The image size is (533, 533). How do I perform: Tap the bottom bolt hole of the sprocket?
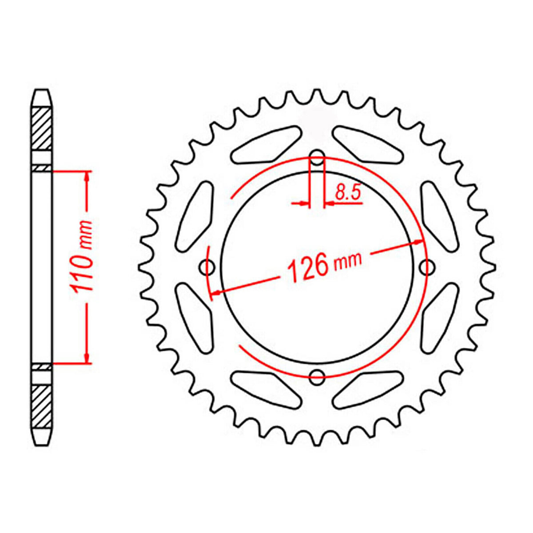click(317, 377)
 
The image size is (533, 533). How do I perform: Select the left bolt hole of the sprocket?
click(207, 267)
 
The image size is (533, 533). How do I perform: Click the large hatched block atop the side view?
click(43, 129)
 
